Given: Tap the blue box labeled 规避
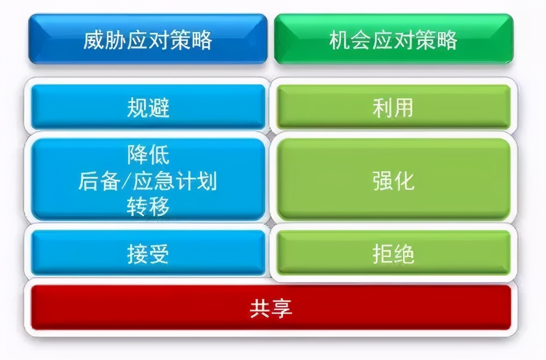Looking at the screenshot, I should [x=148, y=108].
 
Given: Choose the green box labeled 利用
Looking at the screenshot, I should [x=393, y=108].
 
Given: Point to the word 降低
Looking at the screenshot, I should [x=148, y=155].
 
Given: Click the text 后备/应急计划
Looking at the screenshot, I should [x=148, y=181].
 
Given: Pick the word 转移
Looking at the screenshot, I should [x=148, y=207].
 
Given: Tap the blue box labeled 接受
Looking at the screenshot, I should [x=148, y=254].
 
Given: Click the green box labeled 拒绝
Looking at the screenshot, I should [x=393, y=254].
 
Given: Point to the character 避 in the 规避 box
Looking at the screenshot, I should [x=159, y=108].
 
